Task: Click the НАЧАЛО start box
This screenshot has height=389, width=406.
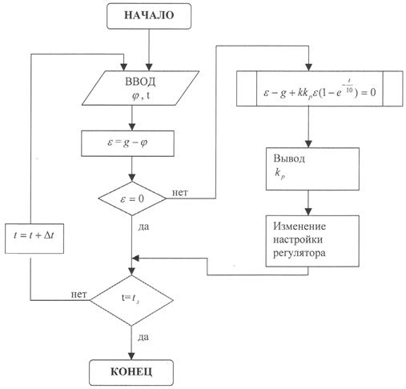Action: click(x=149, y=16)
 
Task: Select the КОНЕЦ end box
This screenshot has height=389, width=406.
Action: click(x=131, y=372)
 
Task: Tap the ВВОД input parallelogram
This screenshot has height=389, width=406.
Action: click(x=140, y=88)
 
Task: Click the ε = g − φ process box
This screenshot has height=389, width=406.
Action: click(x=127, y=143)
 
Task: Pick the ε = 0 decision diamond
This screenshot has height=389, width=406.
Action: click(x=132, y=199)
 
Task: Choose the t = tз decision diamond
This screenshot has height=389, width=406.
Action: click(x=131, y=300)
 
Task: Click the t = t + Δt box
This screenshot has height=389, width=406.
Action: click(x=34, y=239)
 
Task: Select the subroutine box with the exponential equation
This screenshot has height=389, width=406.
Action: click(x=320, y=89)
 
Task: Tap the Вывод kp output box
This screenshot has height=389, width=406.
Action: click(x=312, y=169)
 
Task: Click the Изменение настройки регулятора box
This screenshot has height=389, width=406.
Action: click(x=312, y=241)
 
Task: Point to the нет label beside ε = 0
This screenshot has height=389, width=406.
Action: click(x=180, y=193)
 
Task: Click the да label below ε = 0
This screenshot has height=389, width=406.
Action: click(x=143, y=227)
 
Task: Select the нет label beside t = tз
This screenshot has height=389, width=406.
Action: click(x=78, y=295)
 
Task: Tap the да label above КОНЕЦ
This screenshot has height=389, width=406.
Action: click(x=143, y=338)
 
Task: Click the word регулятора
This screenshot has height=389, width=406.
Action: click(x=299, y=253)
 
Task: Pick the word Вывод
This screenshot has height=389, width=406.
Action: click(x=289, y=158)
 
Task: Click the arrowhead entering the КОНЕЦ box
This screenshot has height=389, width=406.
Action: click(x=131, y=356)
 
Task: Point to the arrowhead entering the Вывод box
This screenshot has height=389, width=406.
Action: click(x=308, y=144)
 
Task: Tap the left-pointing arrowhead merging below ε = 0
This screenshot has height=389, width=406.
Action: click(x=136, y=259)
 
